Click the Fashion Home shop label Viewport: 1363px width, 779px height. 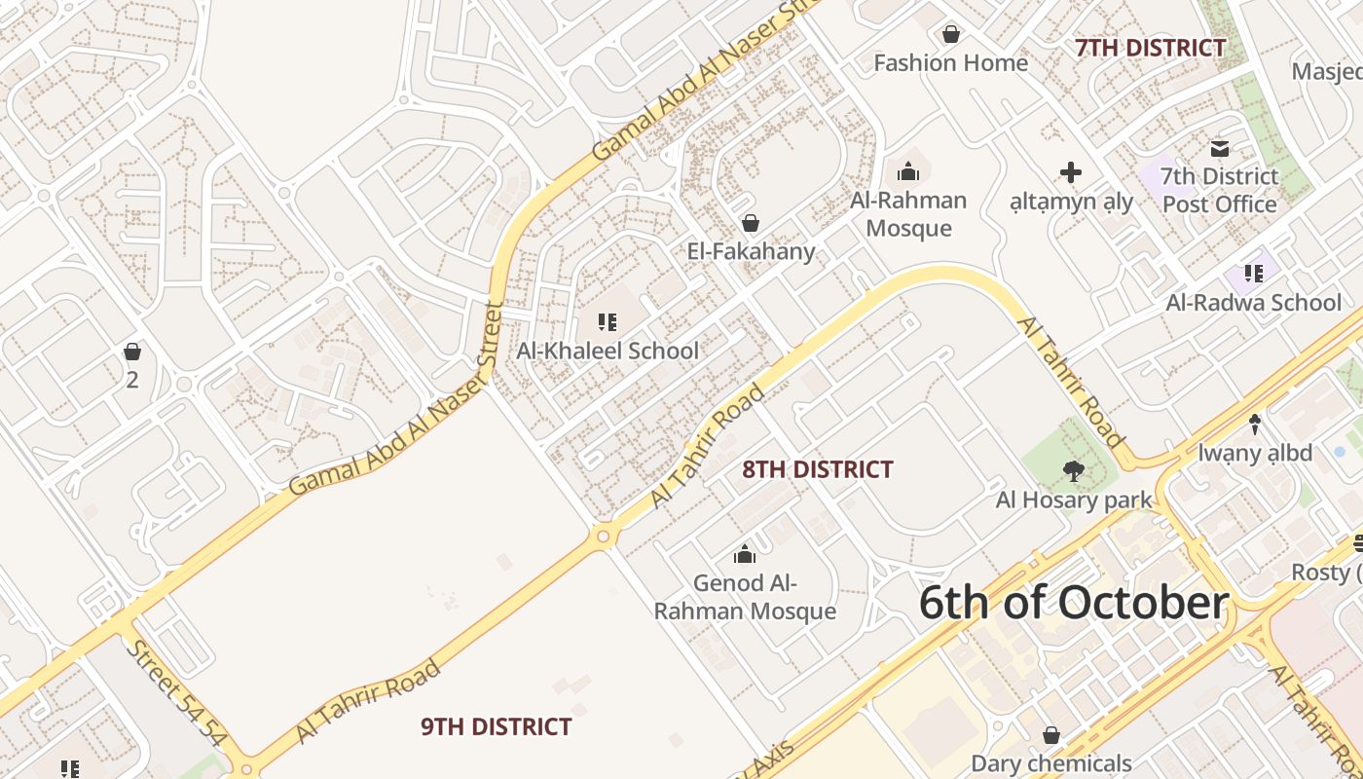[x=950, y=63]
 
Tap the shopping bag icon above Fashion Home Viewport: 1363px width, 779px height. [x=951, y=35]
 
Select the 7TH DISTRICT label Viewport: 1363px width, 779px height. [x=1150, y=48]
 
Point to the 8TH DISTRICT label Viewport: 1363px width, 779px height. [x=817, y=469]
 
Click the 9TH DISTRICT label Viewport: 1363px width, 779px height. [x=496, y=726]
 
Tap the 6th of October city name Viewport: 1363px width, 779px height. [x=1073, y=603]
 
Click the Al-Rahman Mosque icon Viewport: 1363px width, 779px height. [x=908, y=172]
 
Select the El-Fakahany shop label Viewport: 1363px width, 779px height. [x=751, y=251]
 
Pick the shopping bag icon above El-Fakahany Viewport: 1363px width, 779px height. [x=750, y=224]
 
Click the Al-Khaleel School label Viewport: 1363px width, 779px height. [x=608, y=351]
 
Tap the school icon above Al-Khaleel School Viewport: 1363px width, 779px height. [x=608, y=322]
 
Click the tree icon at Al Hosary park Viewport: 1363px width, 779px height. [x=1073, y=472]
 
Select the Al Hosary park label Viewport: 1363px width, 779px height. [x=1073, y=501]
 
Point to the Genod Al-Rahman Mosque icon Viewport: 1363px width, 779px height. [x=745, y=555]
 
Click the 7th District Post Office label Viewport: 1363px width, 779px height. [x=1219, y=190]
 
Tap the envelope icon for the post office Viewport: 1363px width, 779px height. [x=1219, y=149]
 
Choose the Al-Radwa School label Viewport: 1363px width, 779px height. [x=1254, y=302]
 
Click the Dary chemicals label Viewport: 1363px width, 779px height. [x=1051, y=763]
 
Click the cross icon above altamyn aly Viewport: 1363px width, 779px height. [x=1071, y=173]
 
